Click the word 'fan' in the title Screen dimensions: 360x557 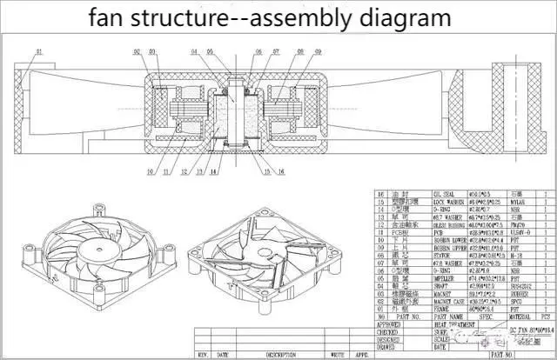[x=111, y=17]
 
